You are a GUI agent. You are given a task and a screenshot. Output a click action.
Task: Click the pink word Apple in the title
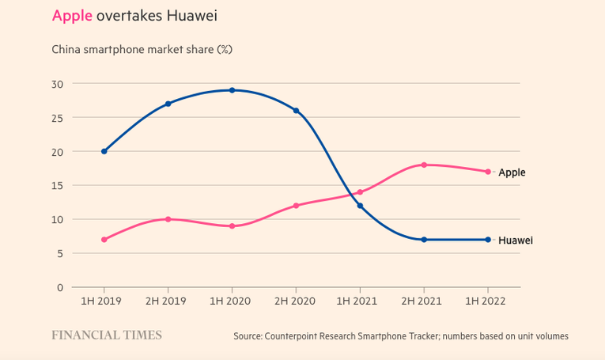click(x=72, y=16)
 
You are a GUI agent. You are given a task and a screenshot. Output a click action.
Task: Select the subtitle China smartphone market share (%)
click(x=142, y=49)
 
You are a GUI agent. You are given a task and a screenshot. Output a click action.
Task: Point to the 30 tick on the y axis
click(x=57, y=83)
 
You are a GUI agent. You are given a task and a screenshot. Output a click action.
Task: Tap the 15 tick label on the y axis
click(x=57, y=185)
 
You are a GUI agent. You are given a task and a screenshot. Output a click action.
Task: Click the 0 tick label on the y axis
click(x=60, y=287)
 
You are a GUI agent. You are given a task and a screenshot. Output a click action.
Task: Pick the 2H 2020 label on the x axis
click(x=296, y=301)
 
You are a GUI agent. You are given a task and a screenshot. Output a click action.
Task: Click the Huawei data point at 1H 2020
click(x=232, y=90)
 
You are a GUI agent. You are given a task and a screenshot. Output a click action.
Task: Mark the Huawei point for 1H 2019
click(x=104, y=151)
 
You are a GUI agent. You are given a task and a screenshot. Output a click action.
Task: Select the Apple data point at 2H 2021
click(x=424, y=165)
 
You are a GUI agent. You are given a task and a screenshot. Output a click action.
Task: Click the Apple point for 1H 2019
click(x=104, y=240)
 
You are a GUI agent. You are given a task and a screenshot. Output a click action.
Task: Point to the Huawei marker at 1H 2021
click(x=360, y=206)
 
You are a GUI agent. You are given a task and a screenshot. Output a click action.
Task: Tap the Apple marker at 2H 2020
click(x=296, y=206)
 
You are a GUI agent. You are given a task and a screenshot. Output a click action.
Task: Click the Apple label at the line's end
click(x=512, y=172)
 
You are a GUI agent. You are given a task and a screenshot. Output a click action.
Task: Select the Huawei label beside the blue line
click(x=516, y=240)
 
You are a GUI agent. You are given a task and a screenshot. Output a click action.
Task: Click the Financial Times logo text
click(x=107, y=335)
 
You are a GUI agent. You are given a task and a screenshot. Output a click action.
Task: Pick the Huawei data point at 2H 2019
click(x=168, y=104)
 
